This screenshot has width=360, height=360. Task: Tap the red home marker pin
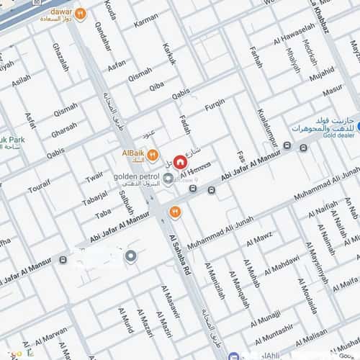[x=179, y=161]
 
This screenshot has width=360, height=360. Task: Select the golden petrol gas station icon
[x=168, y=179]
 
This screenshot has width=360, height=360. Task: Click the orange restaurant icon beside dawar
[x=81, y=13]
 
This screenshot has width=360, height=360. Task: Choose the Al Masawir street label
[x=171, y=300]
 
